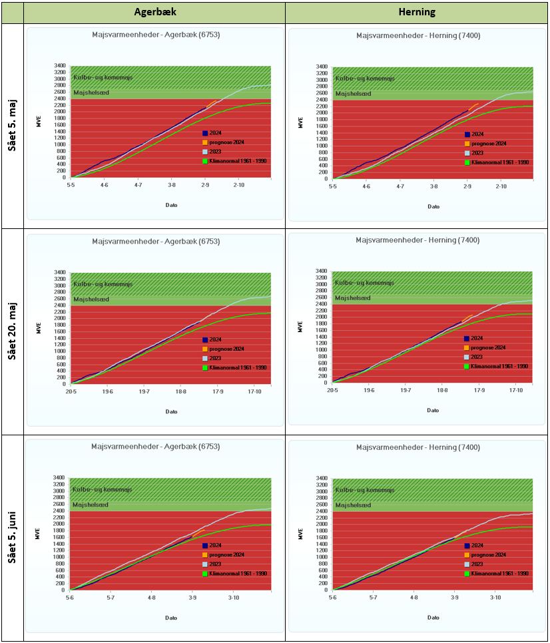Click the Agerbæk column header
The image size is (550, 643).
154,12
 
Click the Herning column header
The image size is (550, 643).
416,12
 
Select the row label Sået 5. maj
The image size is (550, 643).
12,126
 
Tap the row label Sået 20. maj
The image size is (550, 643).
12,331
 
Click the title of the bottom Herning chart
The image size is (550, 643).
418,447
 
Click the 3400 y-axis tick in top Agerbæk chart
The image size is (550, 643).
60,67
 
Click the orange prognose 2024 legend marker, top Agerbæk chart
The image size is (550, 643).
206,142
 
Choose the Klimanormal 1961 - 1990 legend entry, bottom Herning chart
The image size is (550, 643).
499,573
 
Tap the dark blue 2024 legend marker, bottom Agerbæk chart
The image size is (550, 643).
206,545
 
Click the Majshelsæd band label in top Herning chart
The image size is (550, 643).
352,93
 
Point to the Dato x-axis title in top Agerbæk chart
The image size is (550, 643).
171,205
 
